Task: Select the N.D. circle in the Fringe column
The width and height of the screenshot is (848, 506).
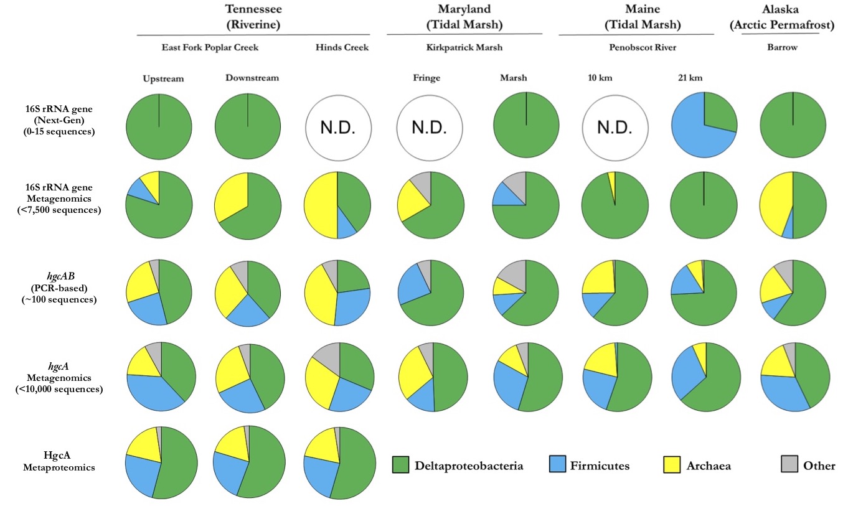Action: (x=430, y=127)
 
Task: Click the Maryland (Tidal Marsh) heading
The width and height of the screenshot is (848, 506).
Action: (x=464, y=18)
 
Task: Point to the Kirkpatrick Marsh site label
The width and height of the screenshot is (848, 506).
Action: (x=464, y=47)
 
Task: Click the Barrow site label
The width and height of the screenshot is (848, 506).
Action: (x=791, y=47)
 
